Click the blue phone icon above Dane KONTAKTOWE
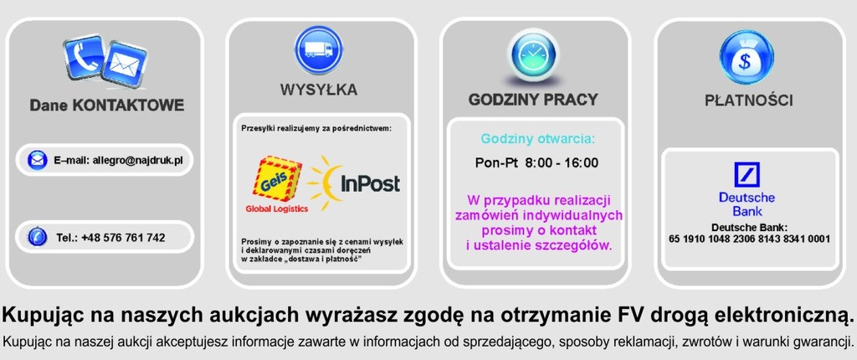pyautogui.click(x=85, y=57)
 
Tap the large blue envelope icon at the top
pyautogui.click(x=125, y=64)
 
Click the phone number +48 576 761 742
pyautogui.click(x=123, y=238)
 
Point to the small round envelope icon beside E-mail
pyautogui.click(x=37, y=160)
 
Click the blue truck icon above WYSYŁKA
pyautogui.click(x=318, y=49)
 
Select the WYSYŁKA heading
pyautogui.click(x=319, y=90)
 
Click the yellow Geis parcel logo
pyautogui.click(x=277, y=178)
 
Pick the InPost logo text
pyautogui.click(x=370, y=184)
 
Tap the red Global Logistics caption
pyautogui.click(x=276, y=209)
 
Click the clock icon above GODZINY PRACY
pyautogui.click(x=533, y=54)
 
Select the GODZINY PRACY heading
pyautogui.click(x=533, y=100)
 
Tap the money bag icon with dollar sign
pyautogui.click(x=746, y=58)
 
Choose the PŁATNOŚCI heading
pyautogui.click(x=748, y=100)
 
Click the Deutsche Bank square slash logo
pyautogui.click(x=747, y=174)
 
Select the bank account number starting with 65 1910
pyautogui.click(x=749, y=239)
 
